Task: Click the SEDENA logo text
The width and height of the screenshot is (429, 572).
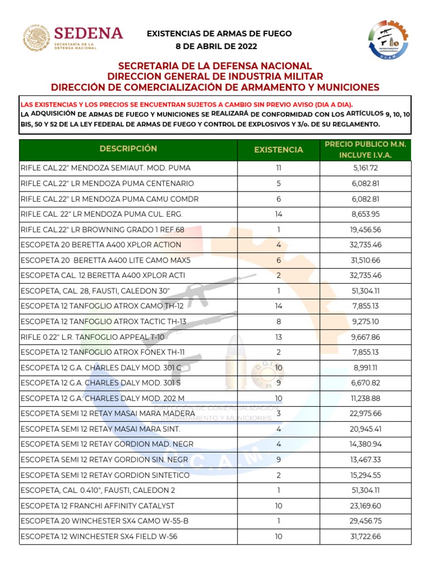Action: [x=88, y=33]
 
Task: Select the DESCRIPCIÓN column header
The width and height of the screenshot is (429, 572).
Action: [x=128, y=149]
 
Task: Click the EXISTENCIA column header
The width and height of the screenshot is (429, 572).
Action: [x=279, y=150]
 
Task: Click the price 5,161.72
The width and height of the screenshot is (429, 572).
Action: [x=366, y=168]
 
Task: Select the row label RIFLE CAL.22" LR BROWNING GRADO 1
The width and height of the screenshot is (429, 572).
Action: [x=102, y=230]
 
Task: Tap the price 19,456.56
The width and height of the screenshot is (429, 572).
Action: [x=366, y=230]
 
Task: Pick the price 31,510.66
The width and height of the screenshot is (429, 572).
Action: [x=366, y=260]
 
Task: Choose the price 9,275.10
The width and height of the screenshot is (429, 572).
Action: [x=366, y=322]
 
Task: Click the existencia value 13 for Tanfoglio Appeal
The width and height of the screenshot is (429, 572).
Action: [x=279, y=337]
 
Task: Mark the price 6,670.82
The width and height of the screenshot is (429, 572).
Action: [x=366, y=383]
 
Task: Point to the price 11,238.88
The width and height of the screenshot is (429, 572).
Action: [x=366, y=398]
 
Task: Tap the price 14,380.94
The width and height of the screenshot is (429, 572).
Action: [x=366, y=445]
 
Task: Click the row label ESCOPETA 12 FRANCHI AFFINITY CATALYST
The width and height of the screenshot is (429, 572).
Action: [x=97, y=506]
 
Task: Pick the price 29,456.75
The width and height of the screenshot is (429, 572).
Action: [x=366, y=521]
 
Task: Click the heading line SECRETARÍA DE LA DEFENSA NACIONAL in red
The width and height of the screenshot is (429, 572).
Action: [x=215, y=66]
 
